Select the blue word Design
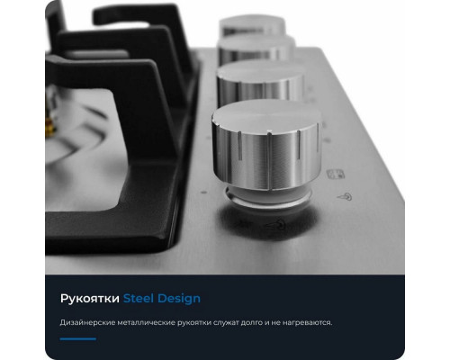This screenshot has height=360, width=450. [179, 298]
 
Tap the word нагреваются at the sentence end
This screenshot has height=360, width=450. [302, 322]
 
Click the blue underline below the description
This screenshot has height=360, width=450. [76, 339]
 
